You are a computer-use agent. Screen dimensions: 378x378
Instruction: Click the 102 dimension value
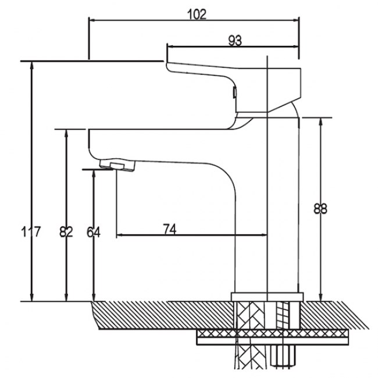pos(197,15)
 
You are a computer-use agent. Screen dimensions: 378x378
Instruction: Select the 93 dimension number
pos(235,41)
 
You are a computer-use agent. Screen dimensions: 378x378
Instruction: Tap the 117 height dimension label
pos(31,231)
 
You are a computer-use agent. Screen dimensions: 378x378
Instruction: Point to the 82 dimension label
pos(66,232)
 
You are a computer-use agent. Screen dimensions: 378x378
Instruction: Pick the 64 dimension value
pos(94,232)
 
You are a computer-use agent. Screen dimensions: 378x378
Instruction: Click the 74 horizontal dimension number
pos(170,229)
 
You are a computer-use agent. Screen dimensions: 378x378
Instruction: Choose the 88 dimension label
pos(320,209)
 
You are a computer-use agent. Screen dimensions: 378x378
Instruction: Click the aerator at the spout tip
pos(117,165)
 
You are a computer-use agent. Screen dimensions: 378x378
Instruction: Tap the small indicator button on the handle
pos(234,92)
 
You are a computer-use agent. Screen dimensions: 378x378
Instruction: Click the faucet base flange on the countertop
pos(267,297)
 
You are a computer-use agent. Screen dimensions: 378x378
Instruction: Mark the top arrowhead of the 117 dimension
pos(31,66)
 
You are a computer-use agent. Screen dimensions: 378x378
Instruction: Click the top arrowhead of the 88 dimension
pos(320,122)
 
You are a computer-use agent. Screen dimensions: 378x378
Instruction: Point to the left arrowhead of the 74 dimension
pos(120,234)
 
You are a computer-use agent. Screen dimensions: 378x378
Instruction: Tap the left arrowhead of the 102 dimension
pos(93,20)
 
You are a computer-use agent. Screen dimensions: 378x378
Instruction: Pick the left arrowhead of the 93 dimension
pos(171,47)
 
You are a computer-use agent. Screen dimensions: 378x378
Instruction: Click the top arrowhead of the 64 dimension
pos(94,173)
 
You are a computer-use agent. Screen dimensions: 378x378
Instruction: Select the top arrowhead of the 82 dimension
pos(66,134)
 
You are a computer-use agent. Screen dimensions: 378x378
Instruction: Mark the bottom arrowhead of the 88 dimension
pos(320,297)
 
